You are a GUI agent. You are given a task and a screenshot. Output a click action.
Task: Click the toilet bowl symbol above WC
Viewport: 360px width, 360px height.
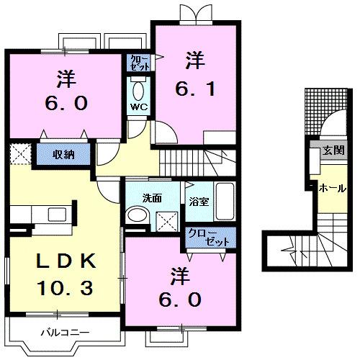click(x=139, y=90)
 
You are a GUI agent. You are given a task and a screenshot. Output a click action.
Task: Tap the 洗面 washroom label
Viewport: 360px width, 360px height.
click(x=151, y=197)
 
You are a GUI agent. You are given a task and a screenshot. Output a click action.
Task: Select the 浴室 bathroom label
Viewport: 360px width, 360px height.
click(x=199, y=202)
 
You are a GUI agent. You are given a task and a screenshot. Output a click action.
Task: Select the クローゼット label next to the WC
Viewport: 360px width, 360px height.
click(x=139, y=61)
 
